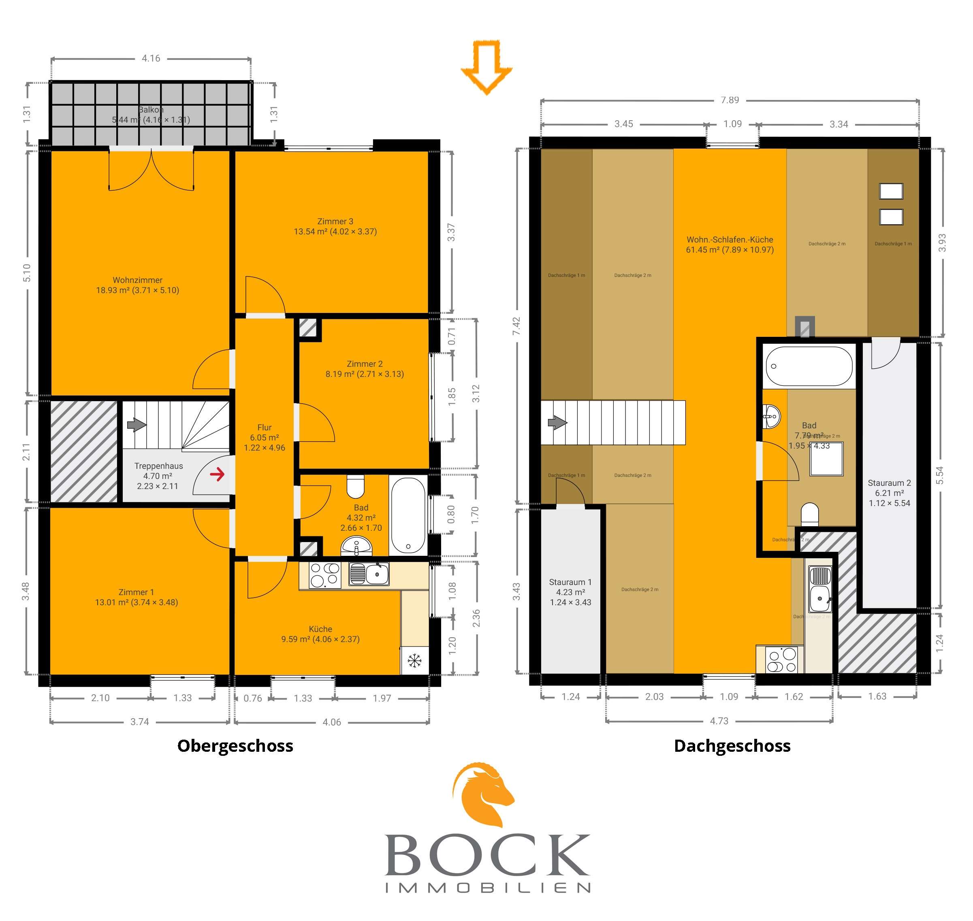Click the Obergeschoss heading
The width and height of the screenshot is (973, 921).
coord(235,746)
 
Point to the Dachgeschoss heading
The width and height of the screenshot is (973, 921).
coord(732,746)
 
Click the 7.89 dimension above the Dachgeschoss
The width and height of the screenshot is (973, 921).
coord(730,100)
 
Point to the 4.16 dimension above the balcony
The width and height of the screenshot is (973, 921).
coord(151,58)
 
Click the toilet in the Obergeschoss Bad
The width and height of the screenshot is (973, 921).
coord(355,486)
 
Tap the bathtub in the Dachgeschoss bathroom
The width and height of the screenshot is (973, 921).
coord(809,366)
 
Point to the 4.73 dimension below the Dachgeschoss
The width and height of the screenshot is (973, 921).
coord(719,721)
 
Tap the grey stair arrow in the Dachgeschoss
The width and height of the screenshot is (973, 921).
coord(557,422)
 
